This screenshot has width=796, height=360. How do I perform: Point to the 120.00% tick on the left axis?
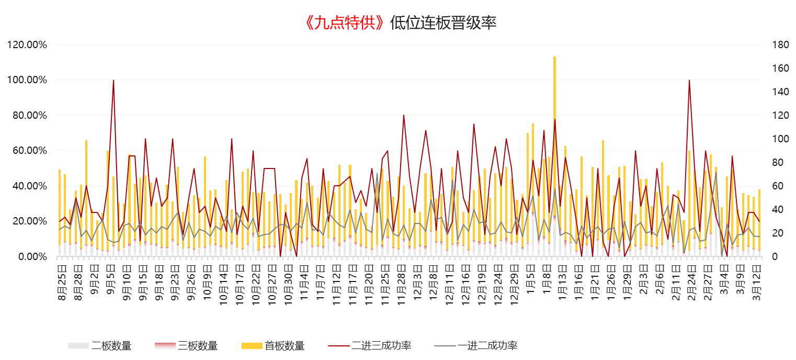pos(27,45)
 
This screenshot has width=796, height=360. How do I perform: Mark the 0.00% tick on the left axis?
pos(31,257)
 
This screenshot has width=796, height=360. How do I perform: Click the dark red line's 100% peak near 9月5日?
pos(113,81)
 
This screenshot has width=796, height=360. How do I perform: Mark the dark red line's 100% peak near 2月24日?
pos(689,81)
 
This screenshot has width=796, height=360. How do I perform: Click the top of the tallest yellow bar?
pos(554,57)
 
